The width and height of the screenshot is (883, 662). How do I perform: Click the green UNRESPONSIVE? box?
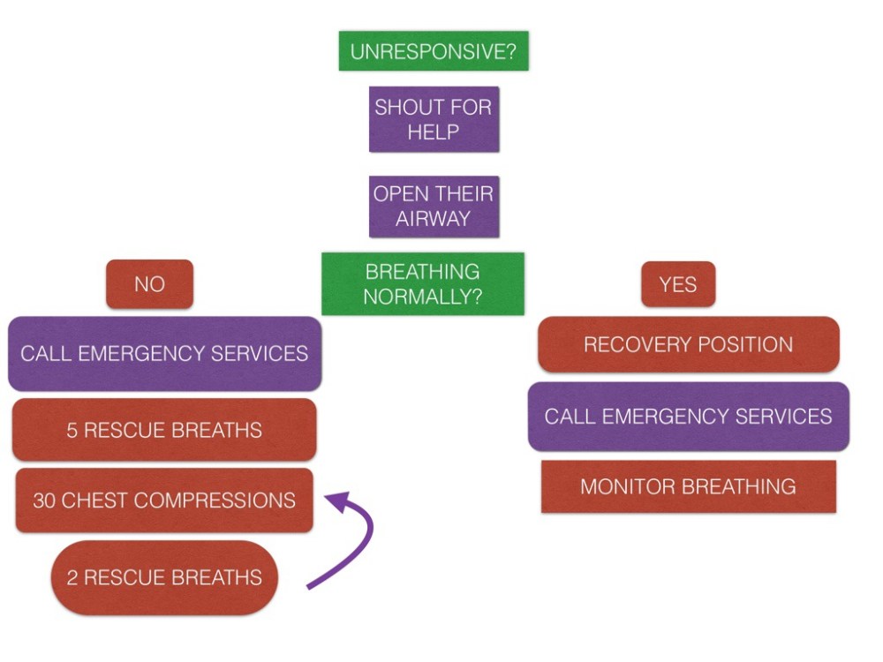click(434, 51)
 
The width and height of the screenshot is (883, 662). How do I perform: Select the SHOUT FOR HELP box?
click(434, 119)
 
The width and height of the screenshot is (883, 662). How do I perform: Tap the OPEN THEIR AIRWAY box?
click(434, 206)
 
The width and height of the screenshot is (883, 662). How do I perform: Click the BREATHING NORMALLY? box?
click(423, 284)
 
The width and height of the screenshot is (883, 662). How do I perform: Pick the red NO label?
click(149, 284)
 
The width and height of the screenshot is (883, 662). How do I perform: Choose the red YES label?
click(678, 284)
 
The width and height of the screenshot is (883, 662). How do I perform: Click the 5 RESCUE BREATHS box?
click(164, 430)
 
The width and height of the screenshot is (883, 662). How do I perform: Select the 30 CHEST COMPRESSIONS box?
click(164, 500)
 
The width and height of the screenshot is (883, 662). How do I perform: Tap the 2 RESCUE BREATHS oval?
click(164, 578)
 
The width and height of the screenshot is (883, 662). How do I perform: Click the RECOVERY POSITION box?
click(689, 344)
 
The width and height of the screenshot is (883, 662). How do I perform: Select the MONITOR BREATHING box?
click(689, 486)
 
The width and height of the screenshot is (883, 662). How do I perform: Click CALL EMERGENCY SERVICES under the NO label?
click(164, 354)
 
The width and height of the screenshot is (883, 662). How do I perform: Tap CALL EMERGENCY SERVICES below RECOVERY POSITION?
click(689, 416)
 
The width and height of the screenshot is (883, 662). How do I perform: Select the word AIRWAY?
click(434, 219)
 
